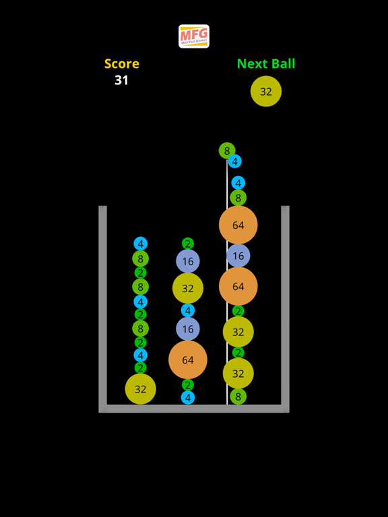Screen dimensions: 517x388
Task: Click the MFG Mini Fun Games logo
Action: (194, 36)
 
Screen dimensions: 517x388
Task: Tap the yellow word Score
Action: (122, 64)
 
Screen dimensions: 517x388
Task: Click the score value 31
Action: (121, 80)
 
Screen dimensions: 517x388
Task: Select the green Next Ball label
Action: (266, 64)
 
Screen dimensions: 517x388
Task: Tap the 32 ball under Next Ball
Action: (266, 92)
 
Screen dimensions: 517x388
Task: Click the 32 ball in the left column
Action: (140, 389)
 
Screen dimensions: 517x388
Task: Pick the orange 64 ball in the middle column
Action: (188, 360)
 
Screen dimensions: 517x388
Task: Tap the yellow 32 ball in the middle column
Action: (188, 288)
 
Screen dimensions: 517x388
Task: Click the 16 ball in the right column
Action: (238, 256)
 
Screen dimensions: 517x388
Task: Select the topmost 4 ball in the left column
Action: (140, 244)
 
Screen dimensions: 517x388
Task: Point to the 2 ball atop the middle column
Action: (188, 244)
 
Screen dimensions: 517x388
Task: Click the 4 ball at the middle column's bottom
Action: (188, 398)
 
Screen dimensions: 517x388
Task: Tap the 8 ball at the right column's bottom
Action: (238, 397)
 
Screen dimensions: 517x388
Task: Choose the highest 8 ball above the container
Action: (227, 151)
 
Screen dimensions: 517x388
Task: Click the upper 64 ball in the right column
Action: (238, 225)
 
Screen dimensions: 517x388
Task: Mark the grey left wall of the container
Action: (103, 303)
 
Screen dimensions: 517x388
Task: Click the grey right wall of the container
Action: (285, 303)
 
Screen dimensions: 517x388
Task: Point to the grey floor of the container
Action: (194, 409)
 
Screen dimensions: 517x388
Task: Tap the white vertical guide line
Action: (227, 303)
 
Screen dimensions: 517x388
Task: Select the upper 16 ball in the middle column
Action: (188, 261)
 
